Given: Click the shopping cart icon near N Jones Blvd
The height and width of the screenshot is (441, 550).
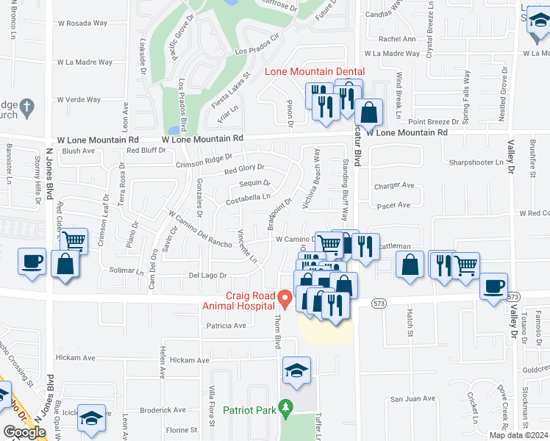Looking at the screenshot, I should point(74,241).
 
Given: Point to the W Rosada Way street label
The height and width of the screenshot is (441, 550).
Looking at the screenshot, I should point(76,23).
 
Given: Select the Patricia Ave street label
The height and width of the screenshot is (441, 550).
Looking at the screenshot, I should point(225,325).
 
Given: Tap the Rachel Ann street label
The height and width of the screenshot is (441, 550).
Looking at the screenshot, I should point(397,39).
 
